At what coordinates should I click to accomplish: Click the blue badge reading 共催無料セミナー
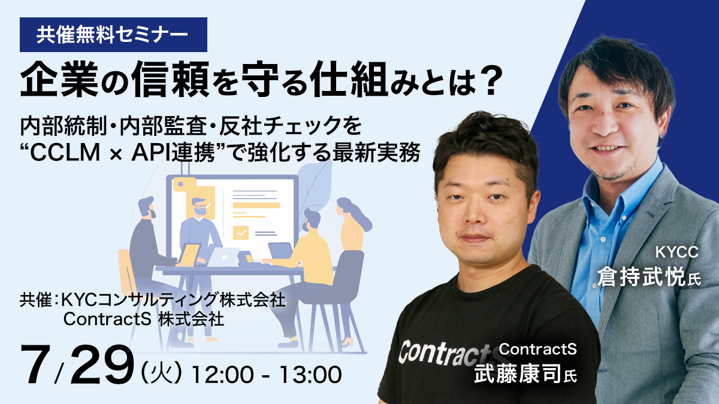point(113,35)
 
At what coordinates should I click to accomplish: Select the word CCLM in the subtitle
point(65,153)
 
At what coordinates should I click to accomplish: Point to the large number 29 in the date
point(102,365)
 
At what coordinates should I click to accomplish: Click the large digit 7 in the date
point(36,365)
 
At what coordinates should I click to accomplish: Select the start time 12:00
point(222,375)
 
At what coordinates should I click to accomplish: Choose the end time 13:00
point(310,375)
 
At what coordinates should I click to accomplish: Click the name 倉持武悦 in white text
point(641,277)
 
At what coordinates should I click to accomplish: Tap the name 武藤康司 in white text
point(518,373)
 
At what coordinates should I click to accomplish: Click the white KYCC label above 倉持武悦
point(676,252)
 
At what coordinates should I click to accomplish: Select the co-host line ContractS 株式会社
point(143,318)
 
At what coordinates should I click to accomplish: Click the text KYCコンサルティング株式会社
point(173,300)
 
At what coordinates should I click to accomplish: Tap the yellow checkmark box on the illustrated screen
point(241,233)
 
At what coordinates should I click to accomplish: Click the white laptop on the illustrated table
point(222,257)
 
